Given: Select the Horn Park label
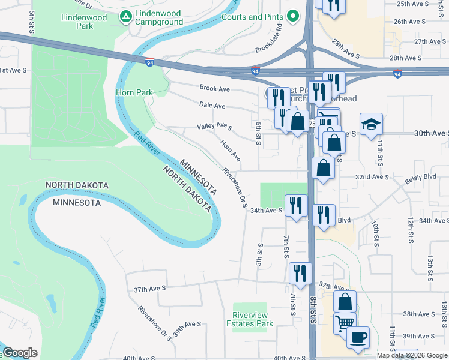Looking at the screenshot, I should coord(134,92).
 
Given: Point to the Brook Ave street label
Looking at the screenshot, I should coord(215,88).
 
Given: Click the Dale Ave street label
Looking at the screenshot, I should coord(212,106).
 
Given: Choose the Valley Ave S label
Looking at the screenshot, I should coord(214,126).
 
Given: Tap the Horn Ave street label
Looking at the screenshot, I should coord(231,151).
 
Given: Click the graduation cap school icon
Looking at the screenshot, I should coord(371,124).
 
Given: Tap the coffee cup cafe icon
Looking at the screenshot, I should coord(358,337).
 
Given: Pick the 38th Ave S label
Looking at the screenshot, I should coord(418,314).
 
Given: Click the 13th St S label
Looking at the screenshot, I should coord(430,268).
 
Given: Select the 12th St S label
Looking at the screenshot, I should coord(411,229).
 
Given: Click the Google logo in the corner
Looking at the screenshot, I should coord(20,353).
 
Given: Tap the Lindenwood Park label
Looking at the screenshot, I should coord(84,22).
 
